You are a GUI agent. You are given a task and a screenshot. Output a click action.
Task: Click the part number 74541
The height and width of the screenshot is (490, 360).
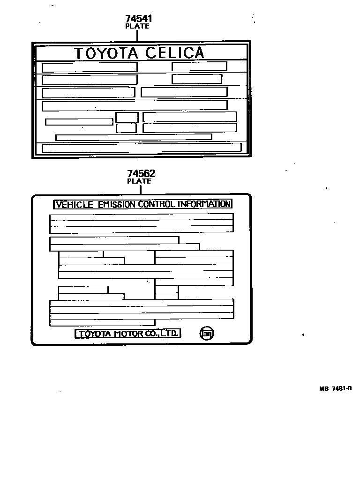pos(139,19)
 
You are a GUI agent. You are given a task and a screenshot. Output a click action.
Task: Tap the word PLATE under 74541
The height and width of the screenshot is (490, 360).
pos(137,26)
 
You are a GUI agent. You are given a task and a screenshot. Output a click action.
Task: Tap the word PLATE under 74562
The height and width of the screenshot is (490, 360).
pos(139,181)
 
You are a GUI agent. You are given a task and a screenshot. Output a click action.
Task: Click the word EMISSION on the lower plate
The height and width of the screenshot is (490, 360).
pos(118,205)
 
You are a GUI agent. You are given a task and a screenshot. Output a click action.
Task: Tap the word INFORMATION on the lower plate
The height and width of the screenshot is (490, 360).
pos(204,205)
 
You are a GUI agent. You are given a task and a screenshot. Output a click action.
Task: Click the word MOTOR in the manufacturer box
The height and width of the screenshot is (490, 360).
pos(127,334)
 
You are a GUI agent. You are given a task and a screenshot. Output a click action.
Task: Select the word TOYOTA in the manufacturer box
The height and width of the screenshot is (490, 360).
pos(94,334)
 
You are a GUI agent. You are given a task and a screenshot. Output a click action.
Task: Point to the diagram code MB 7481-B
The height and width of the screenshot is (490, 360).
pos(335,388)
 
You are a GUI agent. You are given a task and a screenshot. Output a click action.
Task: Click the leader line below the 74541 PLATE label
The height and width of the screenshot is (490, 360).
pos(137,35)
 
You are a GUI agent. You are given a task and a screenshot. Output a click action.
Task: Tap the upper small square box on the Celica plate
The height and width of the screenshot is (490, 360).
pos(127,117)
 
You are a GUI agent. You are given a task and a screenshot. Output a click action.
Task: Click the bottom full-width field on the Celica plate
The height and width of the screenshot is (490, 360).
pos(142,148)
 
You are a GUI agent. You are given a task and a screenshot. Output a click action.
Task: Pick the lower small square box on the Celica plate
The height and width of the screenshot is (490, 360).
pos(127,128)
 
